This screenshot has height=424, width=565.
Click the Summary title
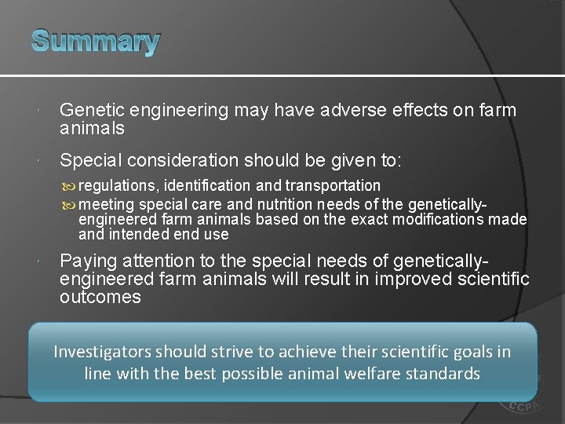click(96, 41)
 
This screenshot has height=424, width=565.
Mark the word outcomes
click(100, 297)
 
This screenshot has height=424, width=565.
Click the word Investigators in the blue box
click(104, 352)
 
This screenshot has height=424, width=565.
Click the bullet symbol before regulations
click(71, 187)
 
